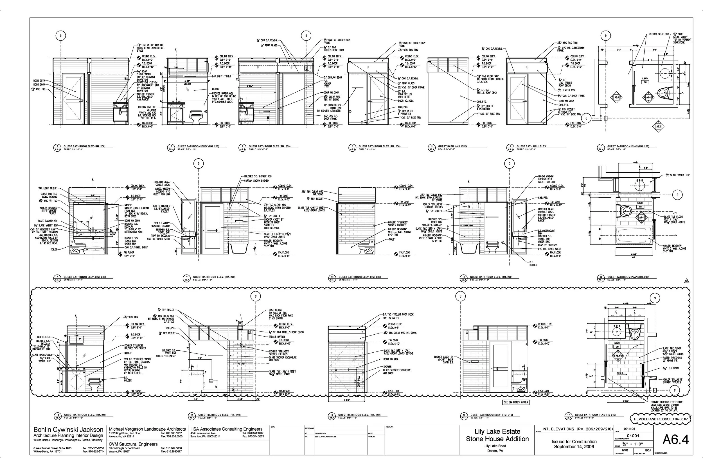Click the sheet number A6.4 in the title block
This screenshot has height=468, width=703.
[675, 439]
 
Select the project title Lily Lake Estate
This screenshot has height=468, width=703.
[497, 431]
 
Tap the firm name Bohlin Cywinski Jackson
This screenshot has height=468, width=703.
[68, 430]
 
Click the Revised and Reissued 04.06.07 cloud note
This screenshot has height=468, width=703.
[660, 419]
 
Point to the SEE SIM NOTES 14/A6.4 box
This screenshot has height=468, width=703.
[516, 402]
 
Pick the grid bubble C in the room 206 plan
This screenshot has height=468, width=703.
[586, 118]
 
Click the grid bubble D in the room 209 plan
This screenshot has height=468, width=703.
[677, 195]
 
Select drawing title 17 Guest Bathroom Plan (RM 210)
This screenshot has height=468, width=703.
[595, 415]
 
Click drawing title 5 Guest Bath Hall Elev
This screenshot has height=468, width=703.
[453, 146]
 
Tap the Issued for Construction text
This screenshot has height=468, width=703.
[574, 441]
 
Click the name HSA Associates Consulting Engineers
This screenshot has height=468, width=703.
[226, 429]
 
